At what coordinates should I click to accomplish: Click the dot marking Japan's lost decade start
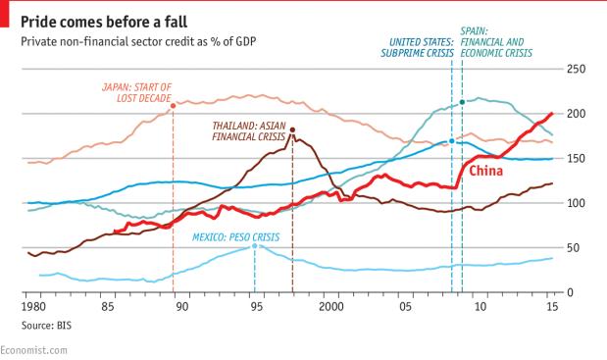point(173,106)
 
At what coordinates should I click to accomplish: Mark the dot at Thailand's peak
point(292,129)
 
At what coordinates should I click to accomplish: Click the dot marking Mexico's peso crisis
point(255,246)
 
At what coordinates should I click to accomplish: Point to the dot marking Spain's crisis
point(462,102)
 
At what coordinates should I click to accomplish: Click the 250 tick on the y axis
point(577,69)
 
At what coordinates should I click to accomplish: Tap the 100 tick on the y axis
point(577,203)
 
